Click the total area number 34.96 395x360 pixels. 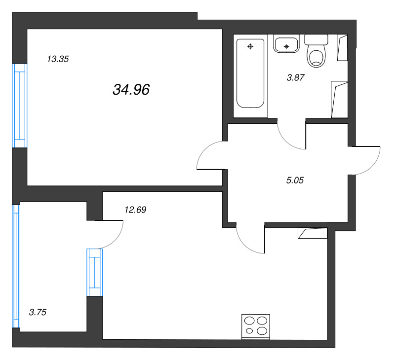(131, 90)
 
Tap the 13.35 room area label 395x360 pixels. (58, 59)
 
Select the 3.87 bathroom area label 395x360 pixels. (296, 77)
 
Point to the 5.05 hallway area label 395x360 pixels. (295, 180)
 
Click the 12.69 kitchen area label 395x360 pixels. (135, 210)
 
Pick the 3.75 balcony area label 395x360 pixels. (38, 312)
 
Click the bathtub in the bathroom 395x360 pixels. (250, 73)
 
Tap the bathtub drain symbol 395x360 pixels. (250, 46)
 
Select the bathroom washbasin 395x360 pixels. (286, 44)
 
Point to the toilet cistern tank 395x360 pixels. (316, 40)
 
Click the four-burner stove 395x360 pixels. (256, 327)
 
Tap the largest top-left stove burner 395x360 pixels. (249, 321)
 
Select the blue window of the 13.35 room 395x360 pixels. (20, 106)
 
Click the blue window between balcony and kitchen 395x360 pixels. (95, 272)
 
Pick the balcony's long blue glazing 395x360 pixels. (16, 266)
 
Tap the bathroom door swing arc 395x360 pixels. (287, 141)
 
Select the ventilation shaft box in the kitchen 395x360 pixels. (313, 233)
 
